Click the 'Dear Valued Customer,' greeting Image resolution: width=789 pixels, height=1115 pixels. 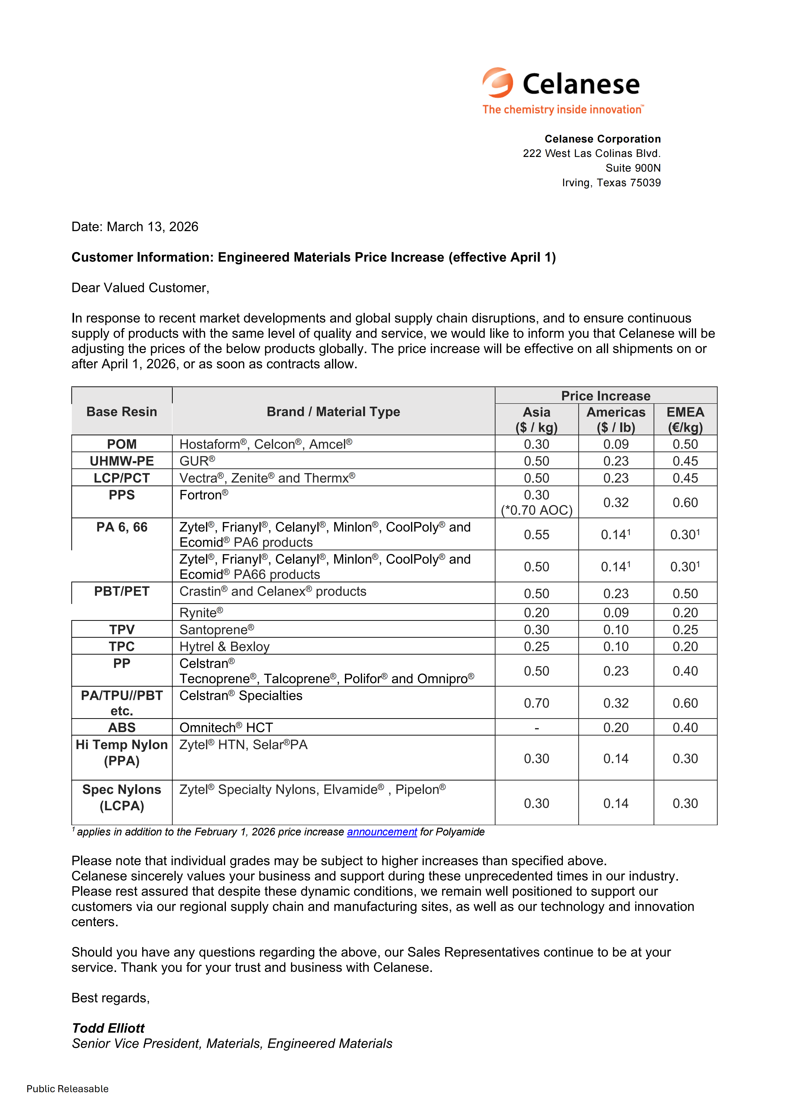point(140,288)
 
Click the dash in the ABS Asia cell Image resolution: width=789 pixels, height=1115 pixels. point(536,727)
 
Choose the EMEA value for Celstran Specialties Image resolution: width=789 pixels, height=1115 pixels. point(685,703)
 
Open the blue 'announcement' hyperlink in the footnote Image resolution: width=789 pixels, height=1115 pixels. point(382,832)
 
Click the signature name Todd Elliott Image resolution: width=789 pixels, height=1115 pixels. point(108,1028)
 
